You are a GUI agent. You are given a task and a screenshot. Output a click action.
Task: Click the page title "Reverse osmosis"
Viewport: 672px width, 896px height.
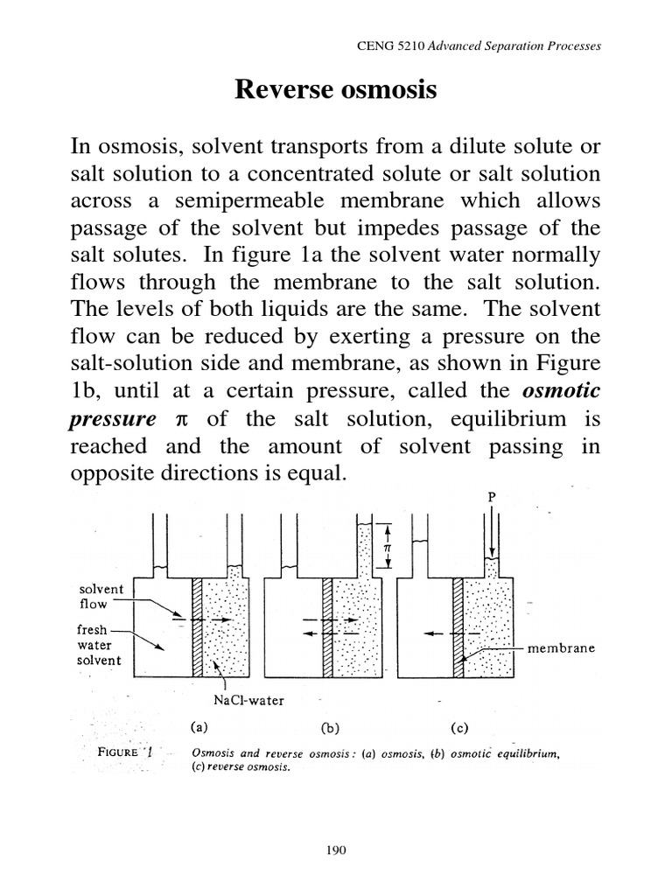335,89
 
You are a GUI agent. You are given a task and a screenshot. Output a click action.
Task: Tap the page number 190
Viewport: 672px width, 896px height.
336,849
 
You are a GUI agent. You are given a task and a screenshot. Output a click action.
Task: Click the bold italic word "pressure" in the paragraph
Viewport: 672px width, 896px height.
106,419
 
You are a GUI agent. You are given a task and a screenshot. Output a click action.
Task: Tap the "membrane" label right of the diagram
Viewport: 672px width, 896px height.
561,648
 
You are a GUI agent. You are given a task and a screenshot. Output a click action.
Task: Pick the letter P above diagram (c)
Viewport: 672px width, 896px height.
491,498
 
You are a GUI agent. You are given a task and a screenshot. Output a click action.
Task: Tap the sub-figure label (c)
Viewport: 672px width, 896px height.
458,726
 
